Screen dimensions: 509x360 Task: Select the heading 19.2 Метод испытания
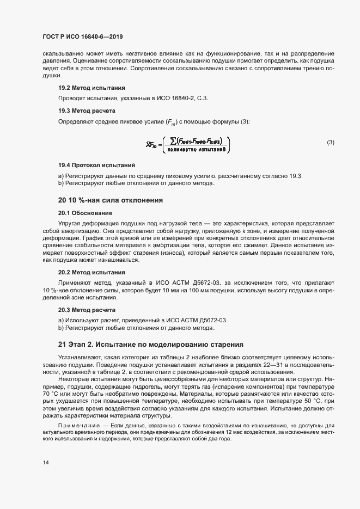[91, 88]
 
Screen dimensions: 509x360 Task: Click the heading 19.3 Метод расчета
[87, 111]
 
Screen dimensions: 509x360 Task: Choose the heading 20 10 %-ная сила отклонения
[111, 200]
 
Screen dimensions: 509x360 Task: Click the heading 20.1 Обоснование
[85, 213]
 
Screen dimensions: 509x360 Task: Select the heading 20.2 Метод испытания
[91, 272]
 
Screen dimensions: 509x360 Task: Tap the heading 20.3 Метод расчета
[87, 310]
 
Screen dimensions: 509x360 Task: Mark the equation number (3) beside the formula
[330, 143]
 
